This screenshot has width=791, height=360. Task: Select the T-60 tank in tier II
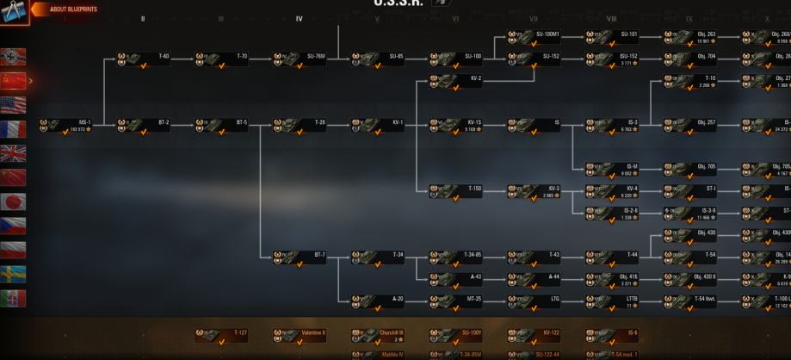[144, 59]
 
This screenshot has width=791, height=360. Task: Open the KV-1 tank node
[378, 126]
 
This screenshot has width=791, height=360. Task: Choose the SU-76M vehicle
[300, 59]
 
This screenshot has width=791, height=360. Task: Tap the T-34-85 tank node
[456, 258]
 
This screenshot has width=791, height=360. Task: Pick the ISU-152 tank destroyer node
[612, 59]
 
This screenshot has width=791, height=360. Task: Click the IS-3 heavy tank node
[612, 126]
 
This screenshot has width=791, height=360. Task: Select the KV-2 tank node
[456, 81]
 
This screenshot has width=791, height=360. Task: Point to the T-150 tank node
[456, 190]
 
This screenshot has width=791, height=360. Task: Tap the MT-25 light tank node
[456, 301]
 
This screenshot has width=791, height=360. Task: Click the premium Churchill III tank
[378, 335]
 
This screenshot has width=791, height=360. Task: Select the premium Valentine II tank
[300, 335]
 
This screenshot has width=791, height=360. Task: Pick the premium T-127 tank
[221, 335]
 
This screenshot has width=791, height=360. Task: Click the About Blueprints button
[68, 9]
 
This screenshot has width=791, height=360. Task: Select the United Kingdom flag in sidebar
[14, 153]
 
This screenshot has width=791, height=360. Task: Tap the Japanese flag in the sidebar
[14, 202]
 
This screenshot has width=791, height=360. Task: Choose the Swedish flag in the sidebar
[14, 274]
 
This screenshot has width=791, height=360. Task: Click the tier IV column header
[300, 19]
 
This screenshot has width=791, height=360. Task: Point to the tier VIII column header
[611, 19]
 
